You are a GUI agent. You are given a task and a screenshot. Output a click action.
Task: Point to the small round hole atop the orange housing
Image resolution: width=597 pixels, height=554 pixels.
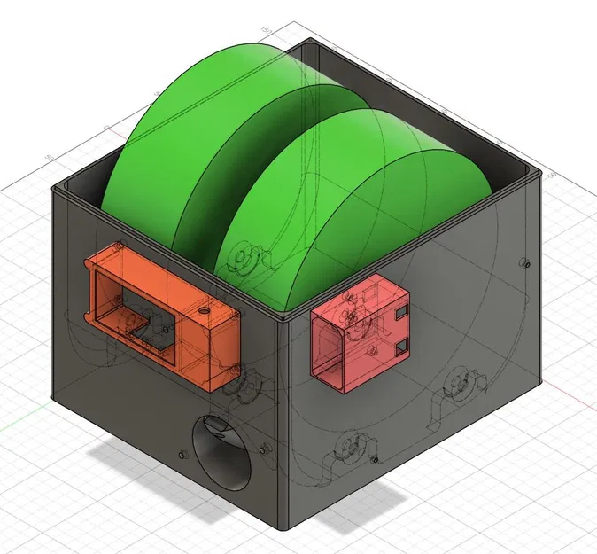203,312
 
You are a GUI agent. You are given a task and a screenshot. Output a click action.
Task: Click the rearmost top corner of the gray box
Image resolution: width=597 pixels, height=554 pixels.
304,40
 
